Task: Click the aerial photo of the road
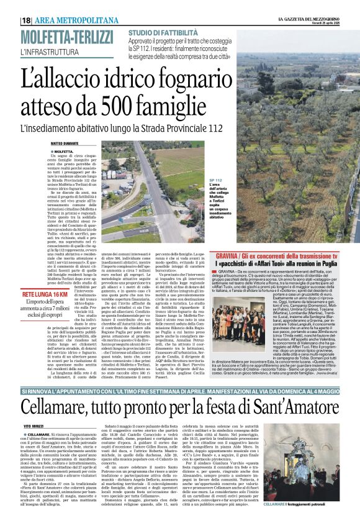coord(155,186)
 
